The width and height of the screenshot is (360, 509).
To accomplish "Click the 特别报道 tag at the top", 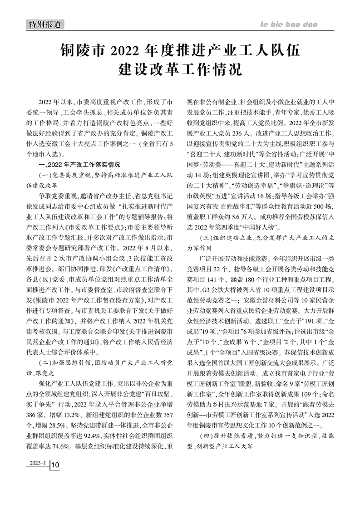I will click(x=44, y=24).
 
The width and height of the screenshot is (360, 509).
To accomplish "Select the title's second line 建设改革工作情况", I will click(x=180, y=69).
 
